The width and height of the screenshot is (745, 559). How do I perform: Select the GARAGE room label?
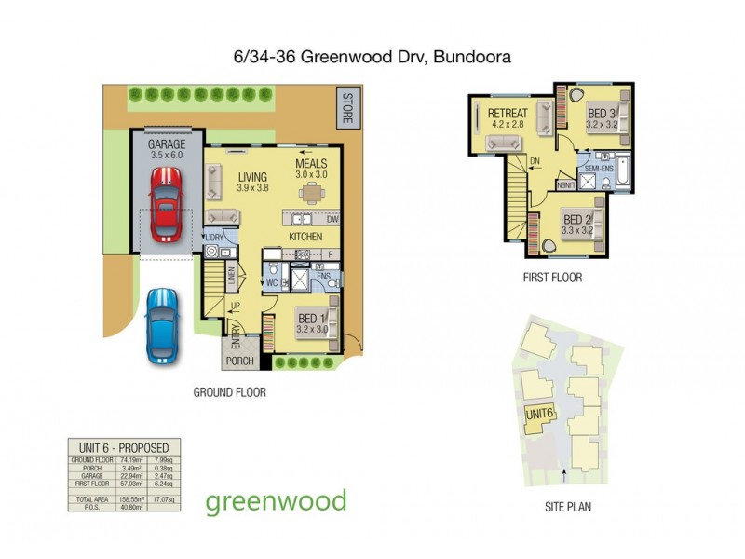[167, 145]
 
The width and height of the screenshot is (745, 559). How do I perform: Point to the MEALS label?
[312, 162]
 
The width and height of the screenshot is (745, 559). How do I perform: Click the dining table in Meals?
[311, 193]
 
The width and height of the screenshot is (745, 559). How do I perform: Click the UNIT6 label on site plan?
[540, 414]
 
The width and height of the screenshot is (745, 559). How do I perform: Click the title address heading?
[372, 57]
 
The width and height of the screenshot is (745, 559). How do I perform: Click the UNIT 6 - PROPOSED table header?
[123, 446]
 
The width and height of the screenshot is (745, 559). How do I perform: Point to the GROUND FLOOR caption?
[229, 392]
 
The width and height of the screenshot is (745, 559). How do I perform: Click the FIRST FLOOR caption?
[552, 277]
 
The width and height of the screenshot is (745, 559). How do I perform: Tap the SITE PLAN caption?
[567, 508]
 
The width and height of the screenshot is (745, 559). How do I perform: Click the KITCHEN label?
[305, 237]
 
